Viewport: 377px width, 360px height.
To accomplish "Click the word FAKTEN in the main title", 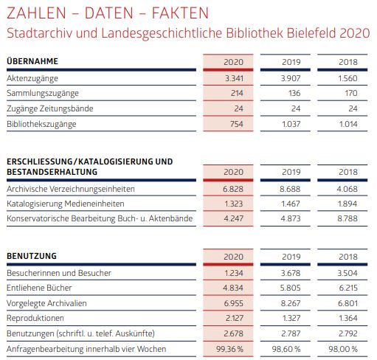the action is tap(180, 13).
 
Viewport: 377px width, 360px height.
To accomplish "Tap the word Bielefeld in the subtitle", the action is tap(311, 33).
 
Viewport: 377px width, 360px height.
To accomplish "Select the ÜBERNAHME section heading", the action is tap(32, 60).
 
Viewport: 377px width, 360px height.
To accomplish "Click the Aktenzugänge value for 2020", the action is tap(234, 78).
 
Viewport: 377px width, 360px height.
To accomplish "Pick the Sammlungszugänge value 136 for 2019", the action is tap(294, 93).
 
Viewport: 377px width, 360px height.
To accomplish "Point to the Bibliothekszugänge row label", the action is tap(41, 124).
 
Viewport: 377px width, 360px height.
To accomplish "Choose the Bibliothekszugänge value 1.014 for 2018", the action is tap(348, 124).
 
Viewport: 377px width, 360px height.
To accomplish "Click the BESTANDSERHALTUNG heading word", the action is tap(52, 172).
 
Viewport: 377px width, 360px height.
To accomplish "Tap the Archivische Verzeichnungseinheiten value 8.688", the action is tap(290, 189).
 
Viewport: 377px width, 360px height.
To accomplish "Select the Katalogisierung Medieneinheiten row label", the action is tap(66, 204).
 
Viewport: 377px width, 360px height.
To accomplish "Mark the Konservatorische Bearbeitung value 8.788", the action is tap(347, 218).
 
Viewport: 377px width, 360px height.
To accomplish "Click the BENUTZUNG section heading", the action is tap(32, 256).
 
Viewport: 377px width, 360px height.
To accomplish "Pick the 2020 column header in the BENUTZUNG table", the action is tap(233, 257).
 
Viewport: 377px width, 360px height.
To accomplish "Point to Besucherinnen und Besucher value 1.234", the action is tap(234, 273).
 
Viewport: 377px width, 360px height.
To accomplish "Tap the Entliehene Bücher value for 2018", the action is tap(348, 288).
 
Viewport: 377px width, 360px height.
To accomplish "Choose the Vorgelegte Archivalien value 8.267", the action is tap(291, 303).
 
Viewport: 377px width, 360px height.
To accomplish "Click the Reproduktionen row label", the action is tap(35, 318).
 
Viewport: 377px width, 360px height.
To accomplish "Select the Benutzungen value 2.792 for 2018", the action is tap(348, 333).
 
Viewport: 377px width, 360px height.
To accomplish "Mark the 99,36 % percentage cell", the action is tap(229, 349).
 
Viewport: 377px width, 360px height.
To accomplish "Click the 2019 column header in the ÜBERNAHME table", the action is tap(291, 62).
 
